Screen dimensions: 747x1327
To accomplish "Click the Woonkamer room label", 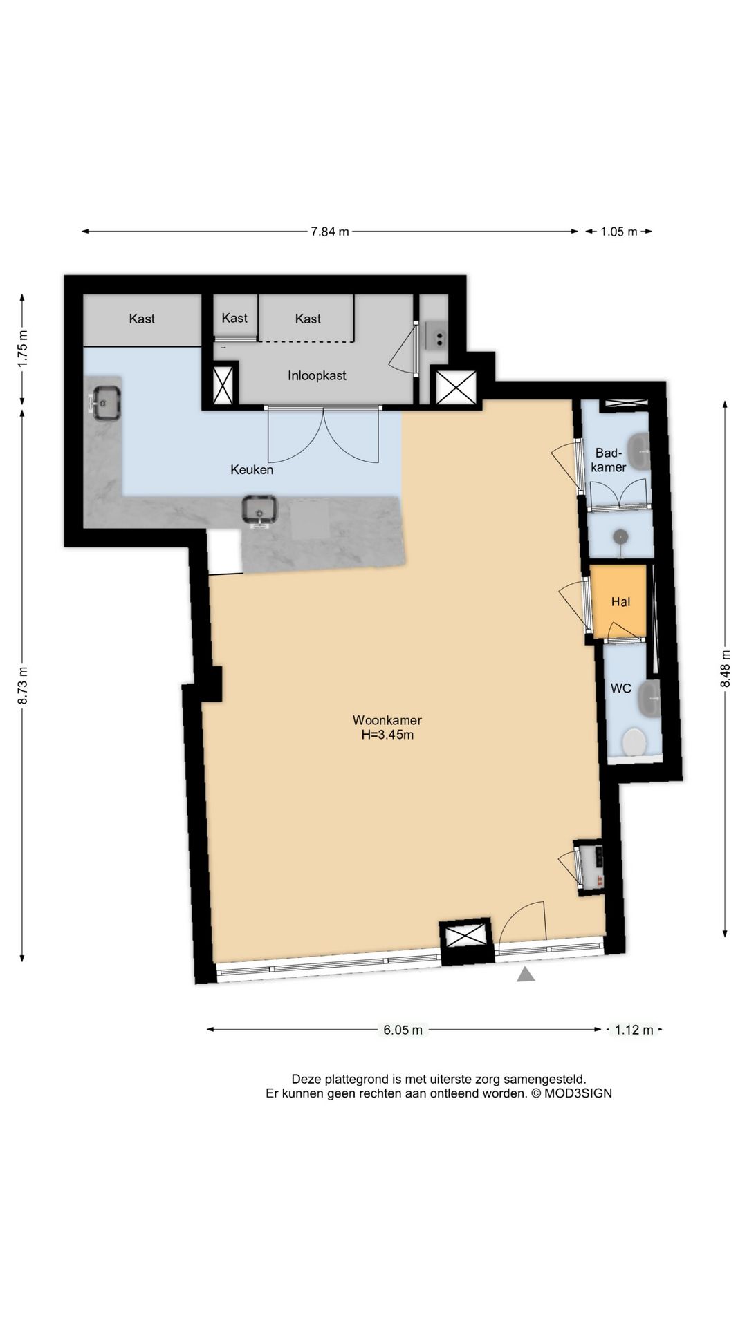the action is point(387,719).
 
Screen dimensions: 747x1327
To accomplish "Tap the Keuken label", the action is point(252,470).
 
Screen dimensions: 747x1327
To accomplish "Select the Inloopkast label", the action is point(317,376).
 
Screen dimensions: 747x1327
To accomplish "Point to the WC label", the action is point(621,688).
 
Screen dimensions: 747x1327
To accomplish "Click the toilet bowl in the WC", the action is point(634,742).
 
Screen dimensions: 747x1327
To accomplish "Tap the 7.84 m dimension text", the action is point(330,232).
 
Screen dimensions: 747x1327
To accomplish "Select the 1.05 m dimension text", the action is point(619,232).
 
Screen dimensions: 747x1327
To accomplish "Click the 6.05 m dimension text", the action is point(403,1030).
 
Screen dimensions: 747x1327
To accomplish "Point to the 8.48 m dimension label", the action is point(725,668).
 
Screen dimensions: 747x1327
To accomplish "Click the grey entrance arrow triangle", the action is point(526,975).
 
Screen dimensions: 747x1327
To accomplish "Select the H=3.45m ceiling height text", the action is point(387,735).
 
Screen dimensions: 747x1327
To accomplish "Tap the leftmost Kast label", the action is point(142,319).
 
